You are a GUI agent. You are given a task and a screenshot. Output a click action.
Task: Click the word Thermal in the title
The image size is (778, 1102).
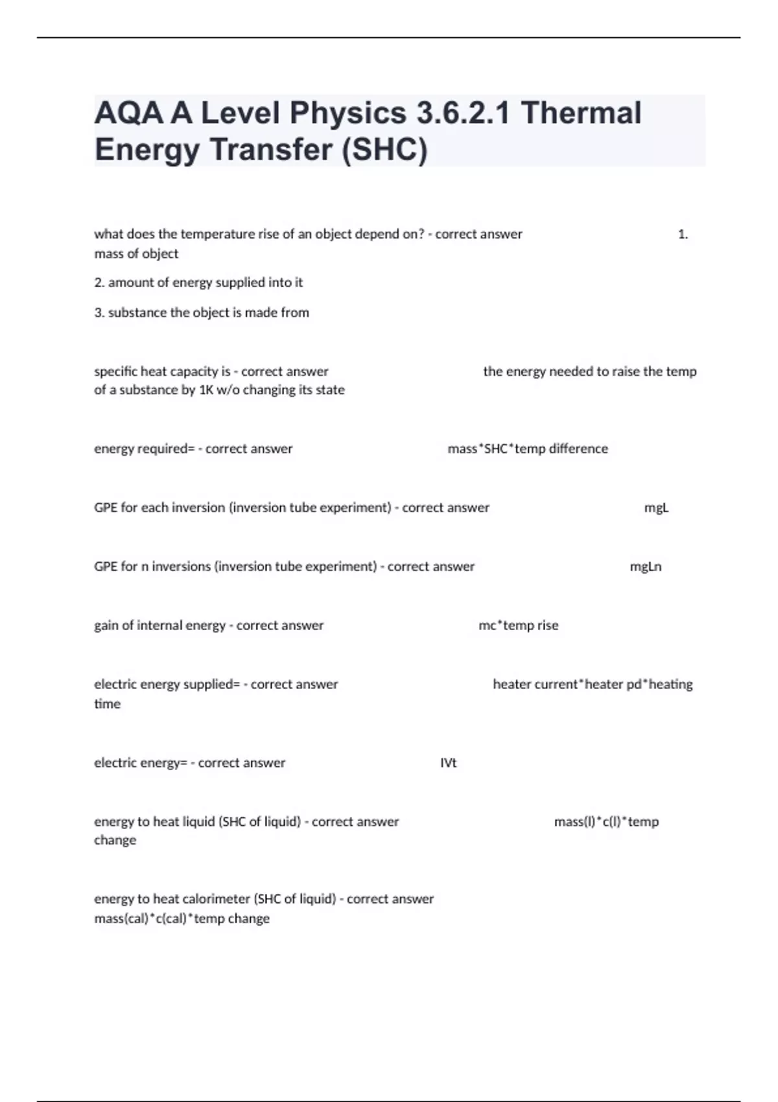click(x=581, y=113)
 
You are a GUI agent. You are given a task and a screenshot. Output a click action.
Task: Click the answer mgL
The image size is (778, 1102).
click(x=656, y=508)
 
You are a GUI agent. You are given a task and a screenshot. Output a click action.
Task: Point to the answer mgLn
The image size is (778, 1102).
click(x=646, y=567)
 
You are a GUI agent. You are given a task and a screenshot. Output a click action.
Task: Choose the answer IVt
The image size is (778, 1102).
click(x=448, y=763)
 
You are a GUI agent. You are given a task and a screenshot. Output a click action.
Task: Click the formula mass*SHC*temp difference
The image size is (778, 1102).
click(x=528, y=449)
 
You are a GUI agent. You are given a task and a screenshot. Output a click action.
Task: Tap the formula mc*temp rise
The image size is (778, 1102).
click(x=518, y=626)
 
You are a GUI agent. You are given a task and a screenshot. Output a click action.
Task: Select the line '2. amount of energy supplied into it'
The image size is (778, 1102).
click(x=198, y=283)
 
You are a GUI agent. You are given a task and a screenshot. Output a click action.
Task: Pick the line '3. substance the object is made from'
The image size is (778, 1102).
click(x=202, y=312)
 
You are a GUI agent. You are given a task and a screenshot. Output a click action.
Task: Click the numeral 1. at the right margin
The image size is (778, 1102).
click(x=683, y=235)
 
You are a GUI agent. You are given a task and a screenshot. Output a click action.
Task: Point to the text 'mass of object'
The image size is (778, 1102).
click(x=136, y=253)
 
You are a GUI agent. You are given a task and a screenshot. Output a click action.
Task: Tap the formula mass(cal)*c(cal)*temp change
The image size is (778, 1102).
click(x=182, y=919)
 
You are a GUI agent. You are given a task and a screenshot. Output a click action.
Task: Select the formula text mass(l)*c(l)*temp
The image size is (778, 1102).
click(x=606, y=822)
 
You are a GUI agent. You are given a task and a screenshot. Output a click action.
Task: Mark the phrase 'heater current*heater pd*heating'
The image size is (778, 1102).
click(x=593, y=685)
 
